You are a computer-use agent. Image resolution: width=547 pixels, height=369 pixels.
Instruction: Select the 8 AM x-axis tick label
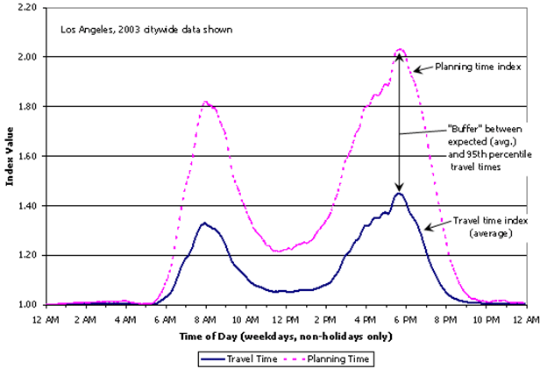205,319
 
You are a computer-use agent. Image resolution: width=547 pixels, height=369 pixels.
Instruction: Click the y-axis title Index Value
9,156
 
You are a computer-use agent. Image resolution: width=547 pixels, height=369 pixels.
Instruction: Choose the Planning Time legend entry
330,358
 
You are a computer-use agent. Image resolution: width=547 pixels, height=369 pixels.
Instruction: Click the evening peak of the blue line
399,194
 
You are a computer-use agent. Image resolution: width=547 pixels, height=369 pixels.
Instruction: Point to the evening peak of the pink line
400,50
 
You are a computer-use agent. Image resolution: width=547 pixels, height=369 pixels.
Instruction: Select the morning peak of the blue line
204,223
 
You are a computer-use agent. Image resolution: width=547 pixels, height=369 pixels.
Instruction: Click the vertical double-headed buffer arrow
399,123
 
